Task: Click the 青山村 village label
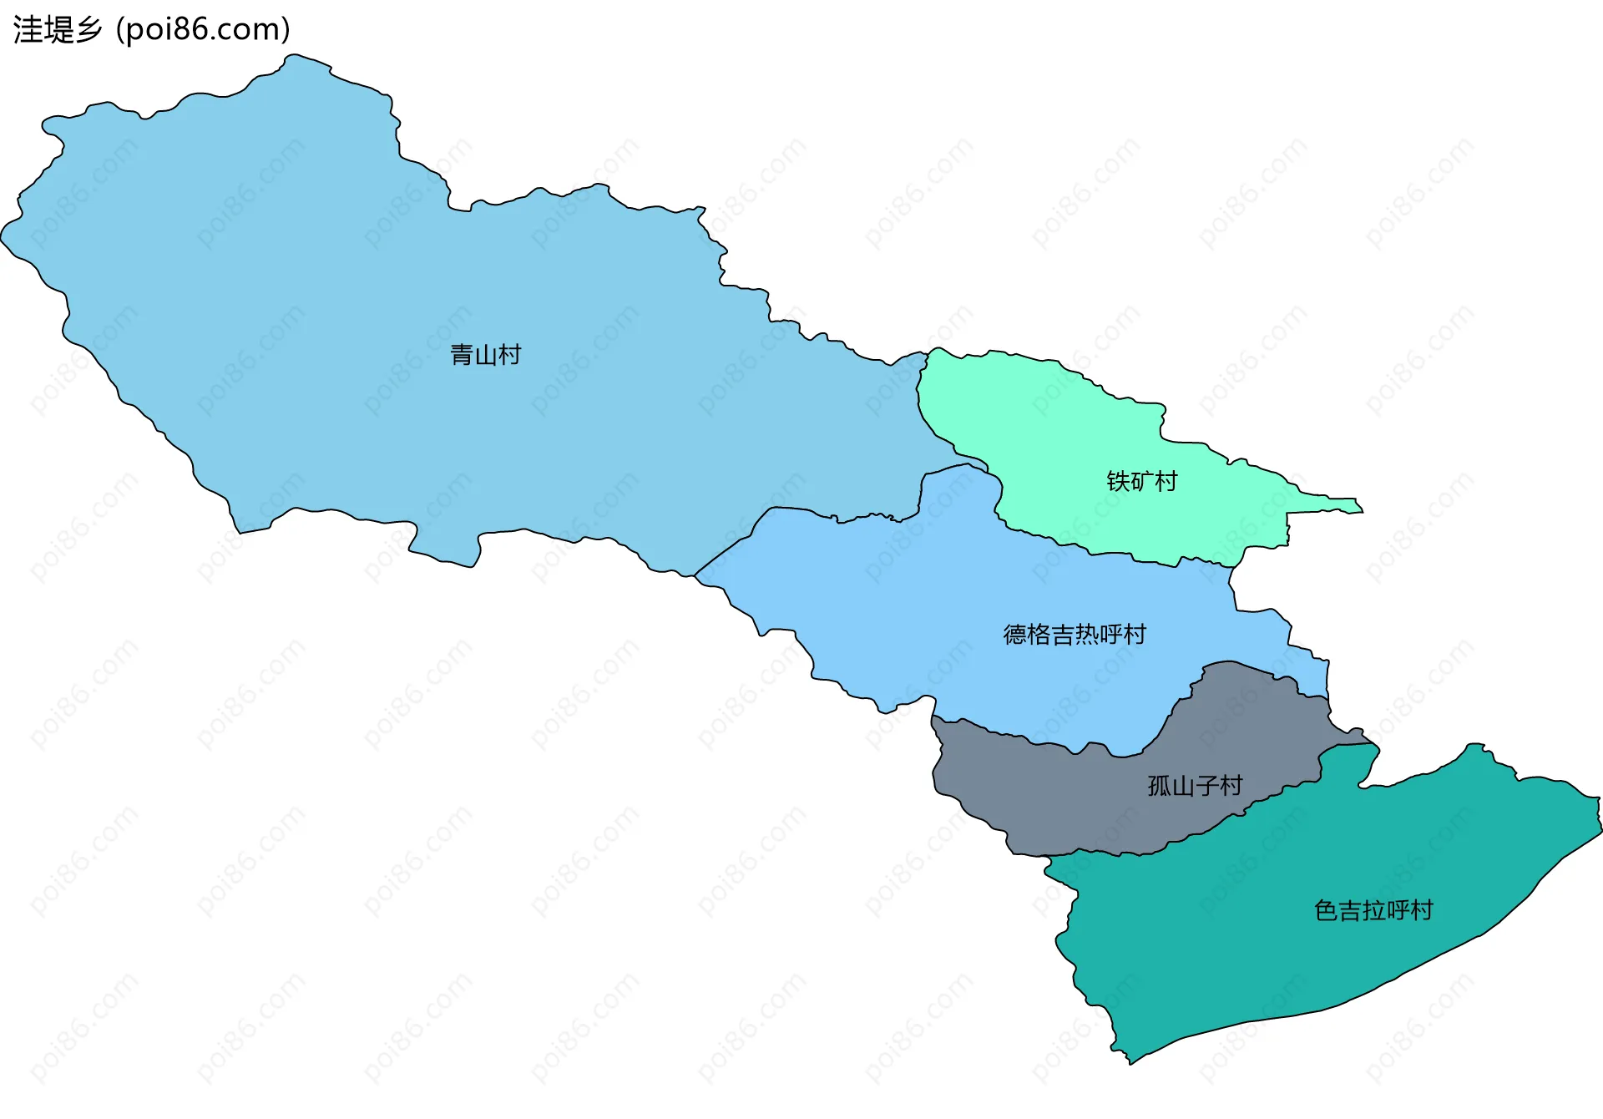[485, 355]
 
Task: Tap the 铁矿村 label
[1141, 481]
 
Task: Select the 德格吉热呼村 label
[1075, 635]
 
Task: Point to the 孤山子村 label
[1195, 786]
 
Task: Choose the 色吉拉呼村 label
[1373, 910]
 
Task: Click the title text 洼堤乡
[57, 30]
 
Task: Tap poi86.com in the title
[203, 30]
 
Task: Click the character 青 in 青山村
[462, 355]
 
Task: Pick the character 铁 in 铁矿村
[1118, 481]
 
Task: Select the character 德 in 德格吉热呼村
[1015, 635]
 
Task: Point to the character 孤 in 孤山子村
[1160, 786]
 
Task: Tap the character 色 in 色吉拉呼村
[1326, 910]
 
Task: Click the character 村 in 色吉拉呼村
[1422, 910]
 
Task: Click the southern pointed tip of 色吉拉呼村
[1130, 1061]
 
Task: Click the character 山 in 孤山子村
[1183, 786]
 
